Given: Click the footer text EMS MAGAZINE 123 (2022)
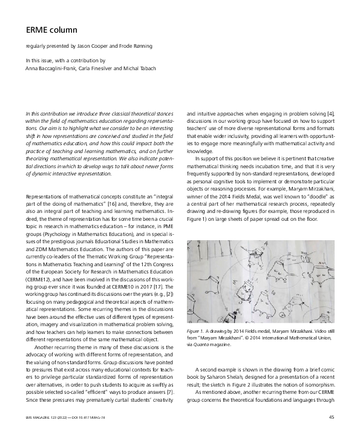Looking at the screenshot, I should (x=53, y=416).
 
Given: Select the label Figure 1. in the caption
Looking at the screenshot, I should (x=197, y=332).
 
